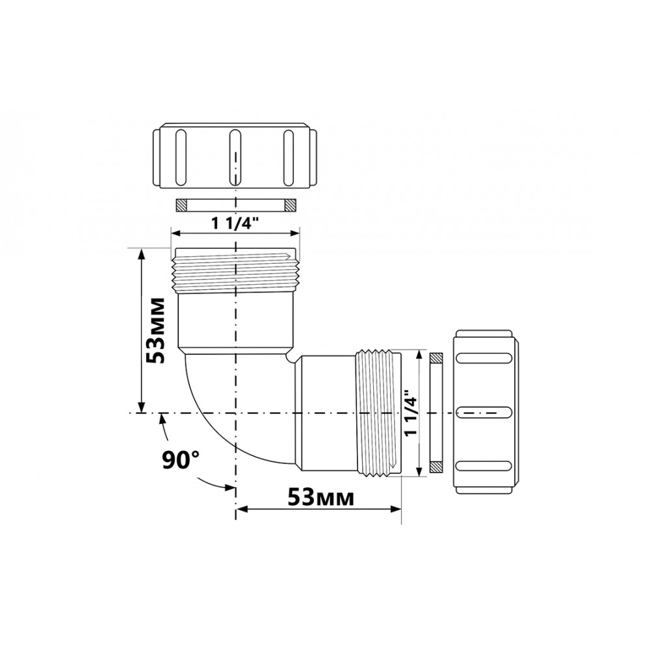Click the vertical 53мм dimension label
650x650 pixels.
tap(156, 330)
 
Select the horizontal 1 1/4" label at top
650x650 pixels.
tap(235, 224)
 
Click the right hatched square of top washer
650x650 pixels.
tap(290, 205)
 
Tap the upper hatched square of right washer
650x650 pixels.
tap(436, 357)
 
